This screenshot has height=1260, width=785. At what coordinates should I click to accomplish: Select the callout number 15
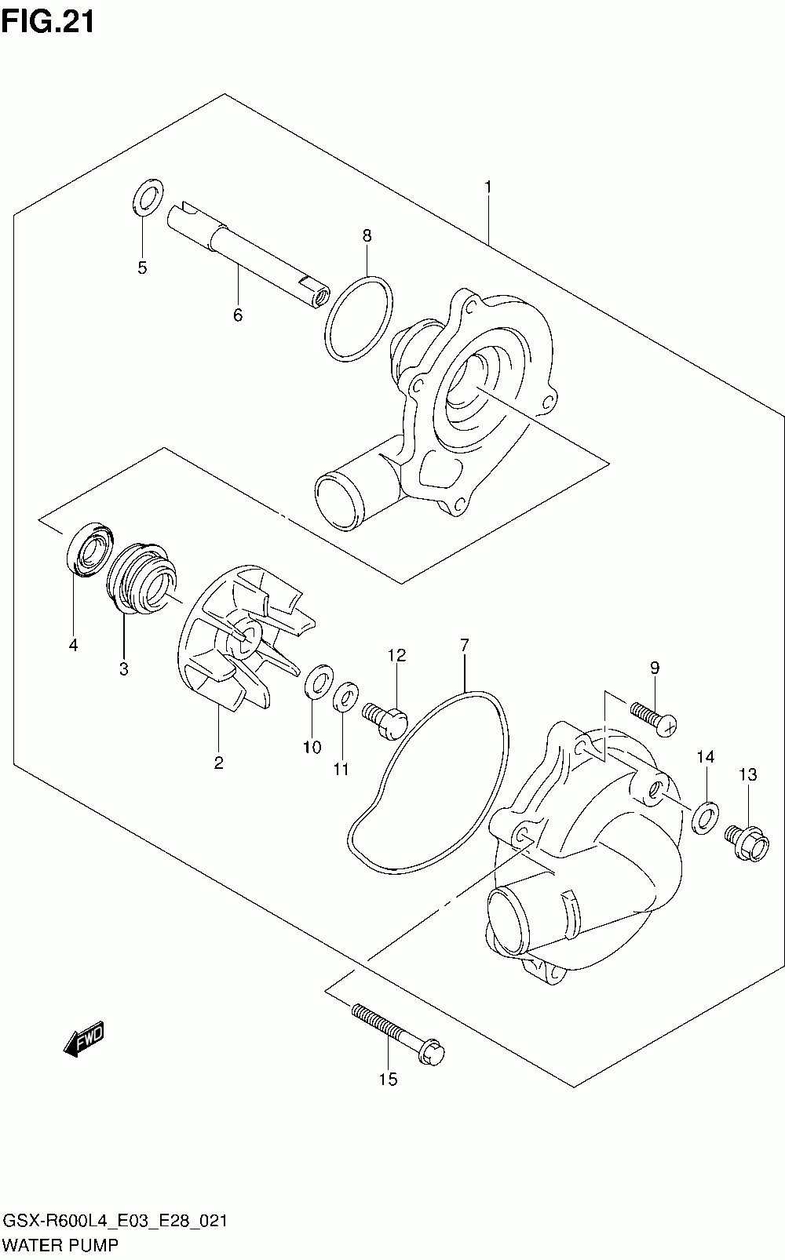388,1080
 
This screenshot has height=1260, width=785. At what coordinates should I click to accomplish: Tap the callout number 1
487,187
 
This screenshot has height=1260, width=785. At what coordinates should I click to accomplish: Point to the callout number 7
464,645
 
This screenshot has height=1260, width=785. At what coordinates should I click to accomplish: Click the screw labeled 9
653,718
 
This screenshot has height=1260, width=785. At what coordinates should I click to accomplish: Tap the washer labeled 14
705,816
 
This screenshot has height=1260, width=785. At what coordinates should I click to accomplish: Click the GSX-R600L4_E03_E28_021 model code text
116,1222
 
